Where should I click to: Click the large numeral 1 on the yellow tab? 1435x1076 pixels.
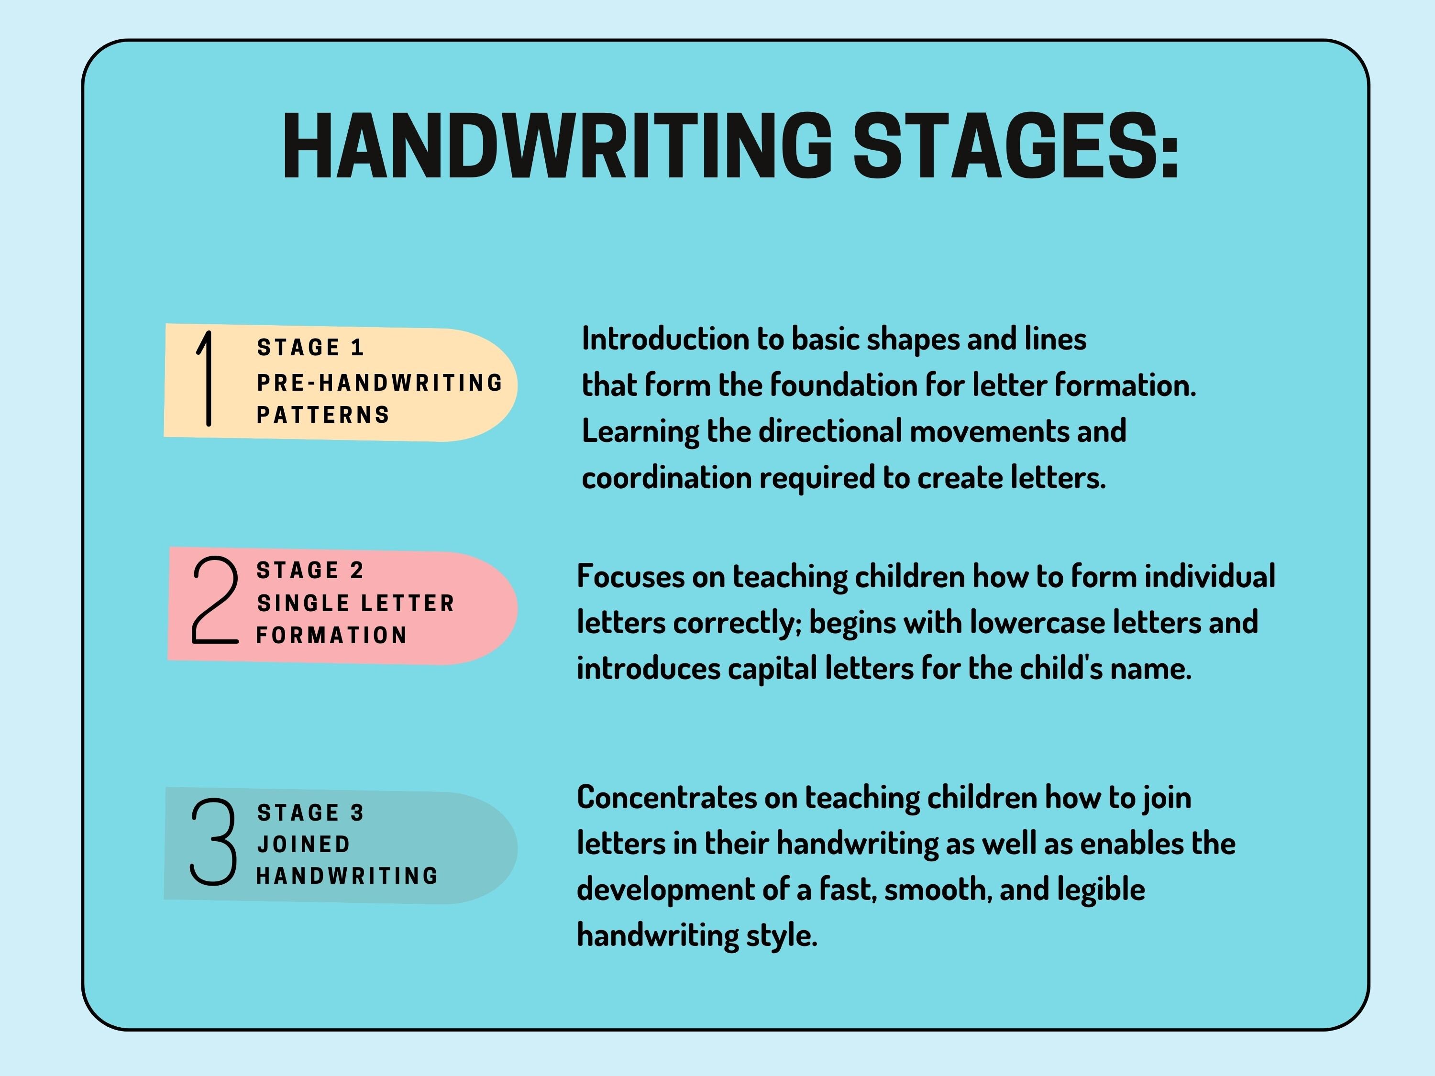coord(206,379)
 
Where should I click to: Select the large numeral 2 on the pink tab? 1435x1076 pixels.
coord(214,601)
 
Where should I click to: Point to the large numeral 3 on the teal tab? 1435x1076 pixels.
coord(213,841)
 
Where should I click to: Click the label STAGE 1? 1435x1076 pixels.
coord(310,348)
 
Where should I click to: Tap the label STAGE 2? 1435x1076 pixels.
coord(310,571)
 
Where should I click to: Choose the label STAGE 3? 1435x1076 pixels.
coord(310,812)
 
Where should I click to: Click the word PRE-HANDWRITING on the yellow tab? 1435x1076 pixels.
coord(379,383)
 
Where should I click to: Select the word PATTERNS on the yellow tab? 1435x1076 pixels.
coord(323,415)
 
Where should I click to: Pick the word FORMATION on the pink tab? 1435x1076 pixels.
coord(331,636)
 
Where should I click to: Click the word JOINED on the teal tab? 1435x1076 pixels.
coord(304,845)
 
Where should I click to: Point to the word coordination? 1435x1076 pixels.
coord(666,479)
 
